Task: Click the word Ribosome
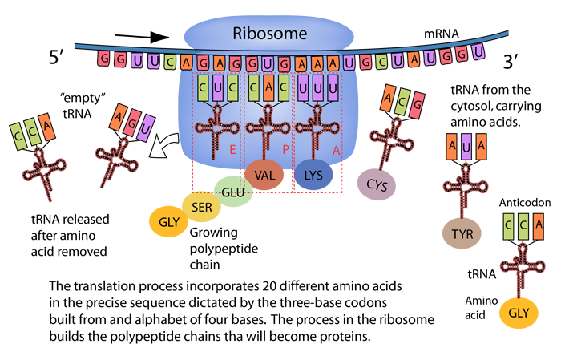pyautogui.click(x=272, y=34)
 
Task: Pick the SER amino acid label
pyautogui.click(x=201, y=208)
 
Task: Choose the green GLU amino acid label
pyautogui.click(x=232, y=192)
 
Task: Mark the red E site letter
pyautogui.click(x=232, y=149)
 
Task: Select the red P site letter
pyautogui.click(x=284, y=149)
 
